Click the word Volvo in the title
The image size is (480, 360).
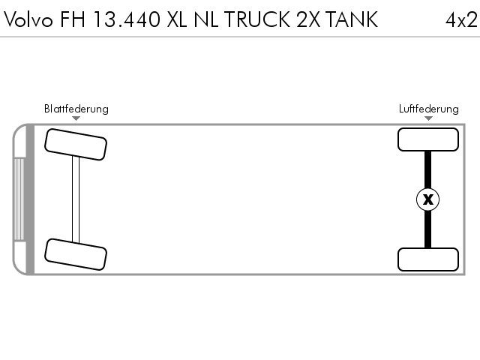click(x=28, y=19)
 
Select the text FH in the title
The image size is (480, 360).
click(x=73, y=19)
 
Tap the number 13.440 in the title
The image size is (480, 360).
click(x=127, y=19)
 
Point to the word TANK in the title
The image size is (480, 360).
click(x=351, y=19)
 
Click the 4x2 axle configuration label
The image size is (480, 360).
click(x=461, y=20)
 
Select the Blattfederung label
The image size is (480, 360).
click(x=76, y=109)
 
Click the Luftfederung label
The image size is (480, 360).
click(x=428, y=109)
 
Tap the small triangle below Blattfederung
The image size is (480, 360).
click(x=76, y=118)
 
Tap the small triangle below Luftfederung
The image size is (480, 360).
click(x=428, y=118)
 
